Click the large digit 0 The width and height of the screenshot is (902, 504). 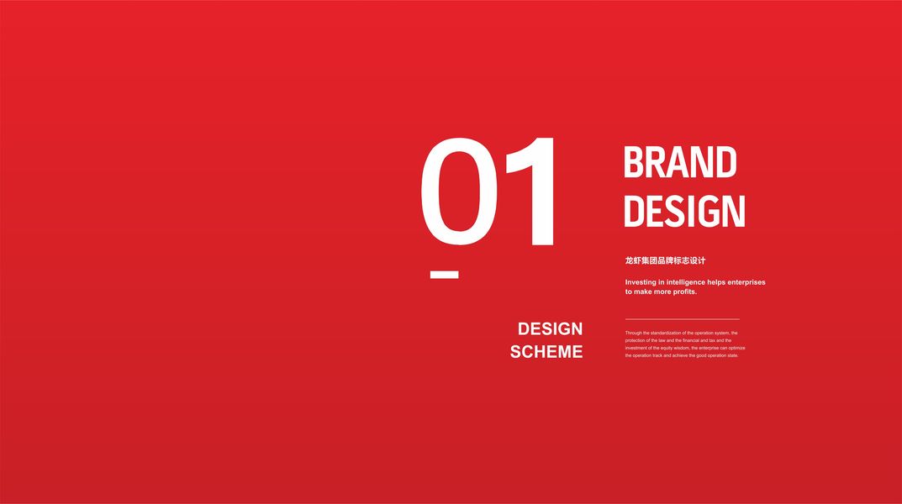pyautogui.click(x=459, y=192)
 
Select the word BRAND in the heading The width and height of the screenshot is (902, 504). pyautogui.click(x=680, y=162)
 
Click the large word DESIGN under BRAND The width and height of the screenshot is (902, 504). pyautogui.click(x=684, y=211)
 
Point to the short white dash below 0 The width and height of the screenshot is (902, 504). pyautogui.click(x=444, y=275)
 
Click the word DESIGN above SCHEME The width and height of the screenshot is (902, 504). pyautogui.click(x=550, y=328)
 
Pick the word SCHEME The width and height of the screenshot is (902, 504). pyautogui.click(x=546, y=352)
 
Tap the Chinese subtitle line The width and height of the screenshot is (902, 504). pyautogui.click(x=665, y=260)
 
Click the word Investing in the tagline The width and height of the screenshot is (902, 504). pyautogui.click(x=641, y=282)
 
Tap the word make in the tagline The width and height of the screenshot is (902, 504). pyautogui.click(x=643, y=291)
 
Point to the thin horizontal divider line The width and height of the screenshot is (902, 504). pyautogui.click(x=683, y=319)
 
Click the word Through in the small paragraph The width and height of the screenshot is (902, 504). pyautogui.click(x=633, y=333)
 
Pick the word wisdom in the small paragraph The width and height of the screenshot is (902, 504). pyautogui.click(x=682, y=349)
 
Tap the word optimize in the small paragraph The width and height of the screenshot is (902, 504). pyautogui.click(x=737, y=349)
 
